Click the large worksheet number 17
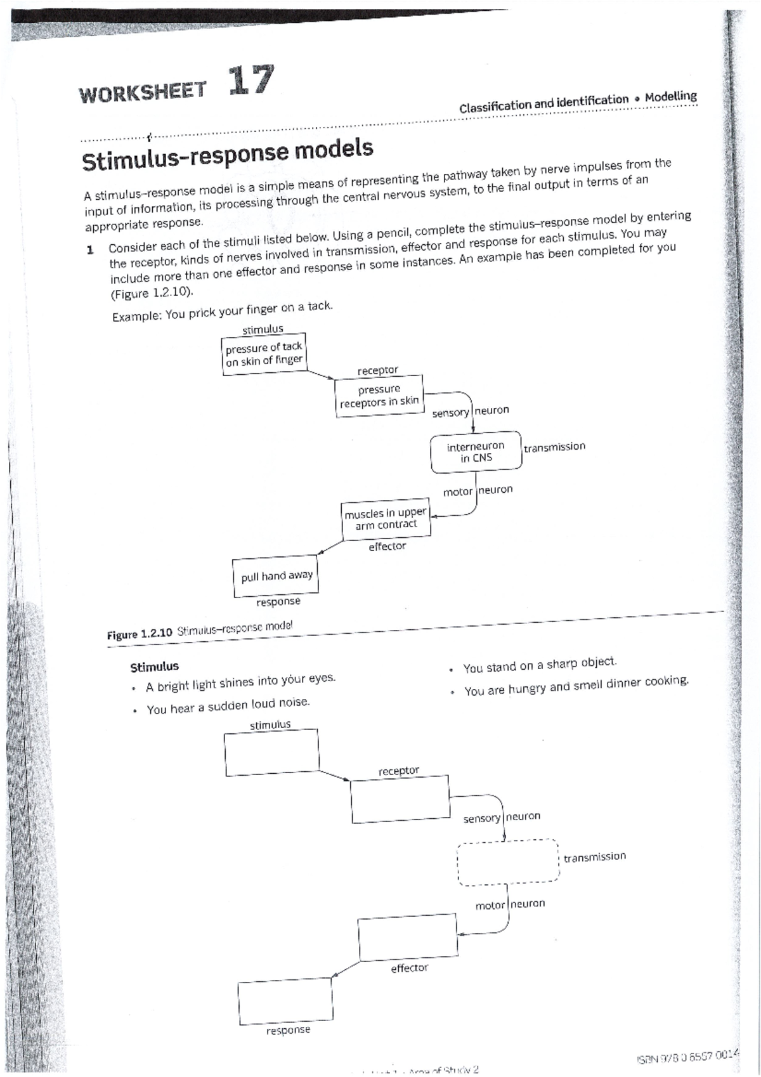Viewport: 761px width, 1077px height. [252, 81]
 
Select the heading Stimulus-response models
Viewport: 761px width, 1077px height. [228, 155]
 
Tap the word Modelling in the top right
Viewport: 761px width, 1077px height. [670, 97]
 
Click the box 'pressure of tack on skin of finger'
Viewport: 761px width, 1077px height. [264, 354]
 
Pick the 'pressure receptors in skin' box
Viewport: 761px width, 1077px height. [379, 396]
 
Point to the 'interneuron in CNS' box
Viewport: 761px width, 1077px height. [476, 452]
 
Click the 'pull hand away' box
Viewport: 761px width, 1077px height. [276, 577]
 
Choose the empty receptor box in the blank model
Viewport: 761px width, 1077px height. [400, 799]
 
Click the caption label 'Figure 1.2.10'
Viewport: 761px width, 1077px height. [140, 634]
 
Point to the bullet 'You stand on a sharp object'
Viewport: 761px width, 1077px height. [539, 665]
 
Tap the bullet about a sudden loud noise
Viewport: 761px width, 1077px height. [228, 706]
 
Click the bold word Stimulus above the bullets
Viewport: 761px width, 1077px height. [154, 667]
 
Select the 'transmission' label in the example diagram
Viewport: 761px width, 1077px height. [554, 447]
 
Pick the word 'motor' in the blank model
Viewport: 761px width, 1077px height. [490, 906]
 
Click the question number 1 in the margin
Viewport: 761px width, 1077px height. [89, 249]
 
